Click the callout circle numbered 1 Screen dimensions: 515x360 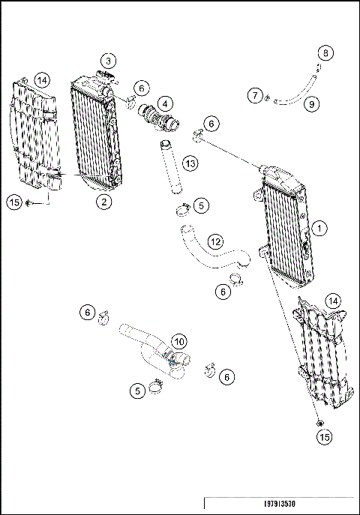click(x=320, y=226)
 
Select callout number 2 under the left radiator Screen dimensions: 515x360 click(x=103, y=200)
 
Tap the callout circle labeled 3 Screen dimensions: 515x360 click(x=109, y=61)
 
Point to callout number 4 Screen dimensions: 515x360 click(x=163, y=103)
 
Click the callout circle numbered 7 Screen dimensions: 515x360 click(x=256, y=95)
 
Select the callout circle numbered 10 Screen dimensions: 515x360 click(x=179, y=342)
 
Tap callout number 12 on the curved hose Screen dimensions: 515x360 click(x=215, y=241)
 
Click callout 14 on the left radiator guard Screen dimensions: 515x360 click(x=42, y=79)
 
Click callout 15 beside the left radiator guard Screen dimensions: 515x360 click(x=13, y=201)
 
